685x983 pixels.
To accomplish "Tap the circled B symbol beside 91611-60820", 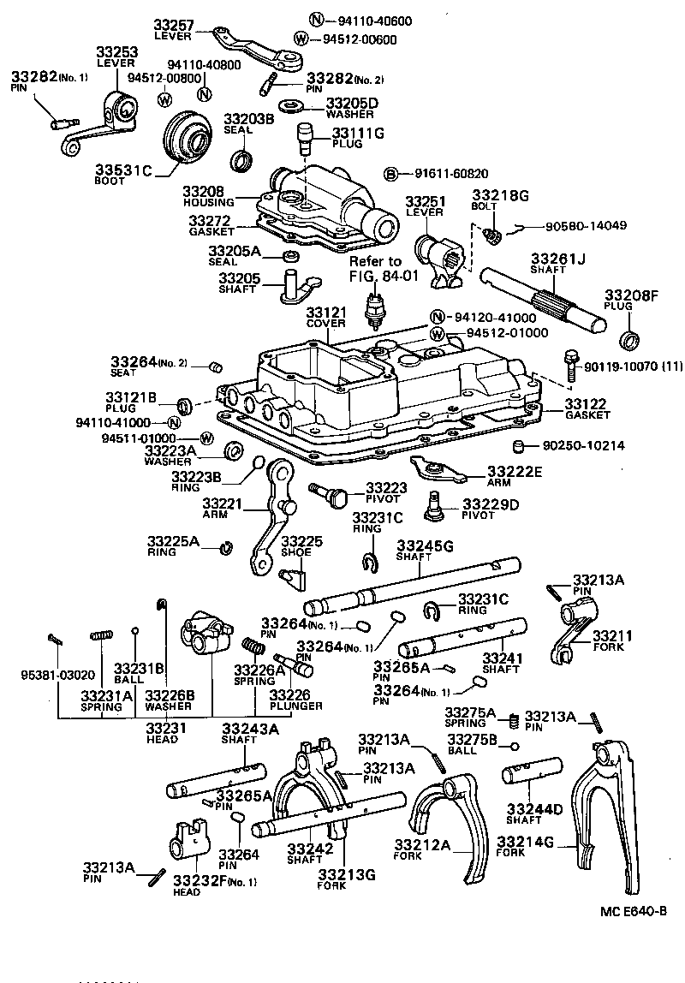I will tap(390, 174).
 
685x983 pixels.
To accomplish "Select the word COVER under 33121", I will tap(325, 324).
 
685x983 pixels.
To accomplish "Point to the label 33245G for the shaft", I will tap(425, 545).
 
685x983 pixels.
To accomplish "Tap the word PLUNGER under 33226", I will tap(296, 706).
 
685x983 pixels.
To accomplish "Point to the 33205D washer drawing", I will tap(294, 106).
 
